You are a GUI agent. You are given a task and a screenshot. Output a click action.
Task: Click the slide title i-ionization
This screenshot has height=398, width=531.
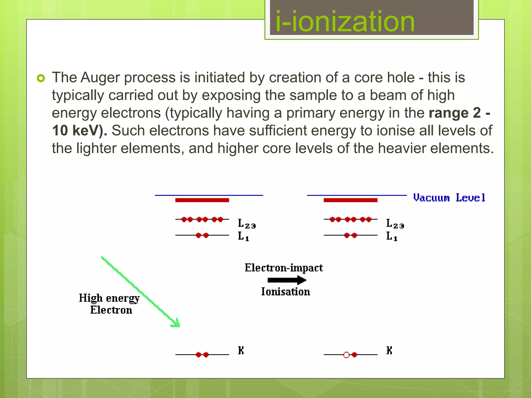345,21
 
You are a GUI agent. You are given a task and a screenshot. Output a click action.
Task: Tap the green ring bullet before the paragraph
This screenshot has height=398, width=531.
41,78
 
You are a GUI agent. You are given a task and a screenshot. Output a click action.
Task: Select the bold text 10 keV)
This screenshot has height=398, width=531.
79,130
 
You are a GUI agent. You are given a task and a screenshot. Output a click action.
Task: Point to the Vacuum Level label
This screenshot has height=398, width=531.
449,198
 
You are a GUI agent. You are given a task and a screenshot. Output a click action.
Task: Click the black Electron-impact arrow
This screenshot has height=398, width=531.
287,280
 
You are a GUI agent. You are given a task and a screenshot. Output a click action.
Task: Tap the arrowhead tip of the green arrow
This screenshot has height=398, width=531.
178,326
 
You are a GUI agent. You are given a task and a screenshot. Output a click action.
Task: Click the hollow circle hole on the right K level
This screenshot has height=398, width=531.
346,355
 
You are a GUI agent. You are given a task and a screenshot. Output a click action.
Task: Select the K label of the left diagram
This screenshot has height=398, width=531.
241,351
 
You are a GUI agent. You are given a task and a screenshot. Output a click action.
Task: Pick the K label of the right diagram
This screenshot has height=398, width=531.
389,351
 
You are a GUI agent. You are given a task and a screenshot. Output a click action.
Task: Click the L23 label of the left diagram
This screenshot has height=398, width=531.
246,224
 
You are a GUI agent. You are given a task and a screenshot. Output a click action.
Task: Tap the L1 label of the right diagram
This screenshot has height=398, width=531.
391,236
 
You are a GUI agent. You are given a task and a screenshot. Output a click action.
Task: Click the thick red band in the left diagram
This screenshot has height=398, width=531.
202,200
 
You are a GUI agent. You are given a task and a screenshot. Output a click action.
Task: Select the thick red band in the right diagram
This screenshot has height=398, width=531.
350,200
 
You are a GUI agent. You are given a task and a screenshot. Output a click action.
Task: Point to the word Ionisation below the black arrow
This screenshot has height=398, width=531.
285,292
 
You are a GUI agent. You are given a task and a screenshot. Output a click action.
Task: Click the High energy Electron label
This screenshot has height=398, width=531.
109,304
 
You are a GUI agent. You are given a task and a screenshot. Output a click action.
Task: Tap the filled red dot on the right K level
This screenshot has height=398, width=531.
354,355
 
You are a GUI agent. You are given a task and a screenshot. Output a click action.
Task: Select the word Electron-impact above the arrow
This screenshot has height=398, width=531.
284,268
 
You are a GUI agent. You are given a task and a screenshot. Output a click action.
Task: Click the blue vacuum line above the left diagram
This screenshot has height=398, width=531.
209,195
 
